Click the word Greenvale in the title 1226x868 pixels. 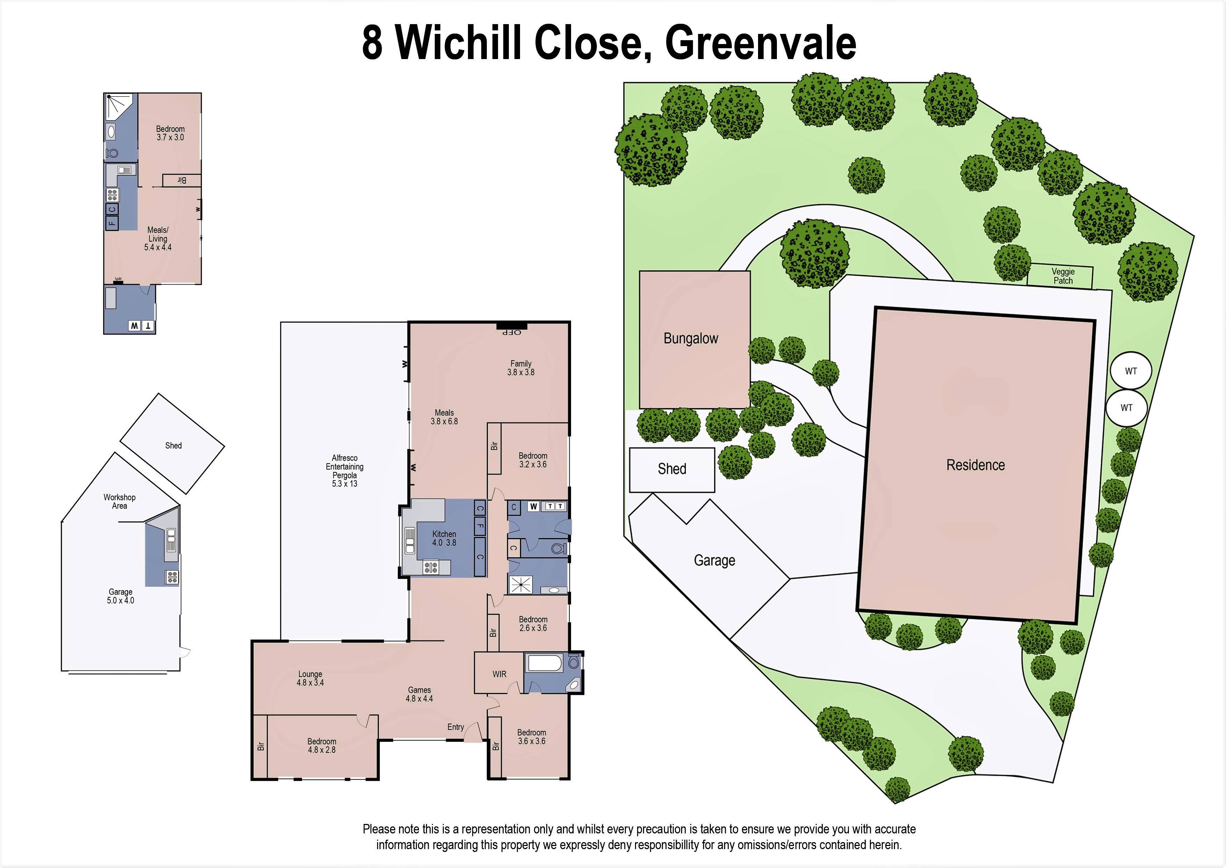point(760,43)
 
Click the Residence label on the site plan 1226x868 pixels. point(975,465)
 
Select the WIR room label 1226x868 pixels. point(499,674)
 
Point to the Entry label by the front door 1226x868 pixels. point(455,727)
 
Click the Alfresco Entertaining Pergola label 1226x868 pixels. point(345,470)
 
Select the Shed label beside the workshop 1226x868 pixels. point(173,445)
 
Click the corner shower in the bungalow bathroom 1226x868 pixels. point(118,106)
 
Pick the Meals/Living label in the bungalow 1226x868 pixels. point(158,238)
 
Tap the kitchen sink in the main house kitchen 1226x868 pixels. point(410,540)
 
